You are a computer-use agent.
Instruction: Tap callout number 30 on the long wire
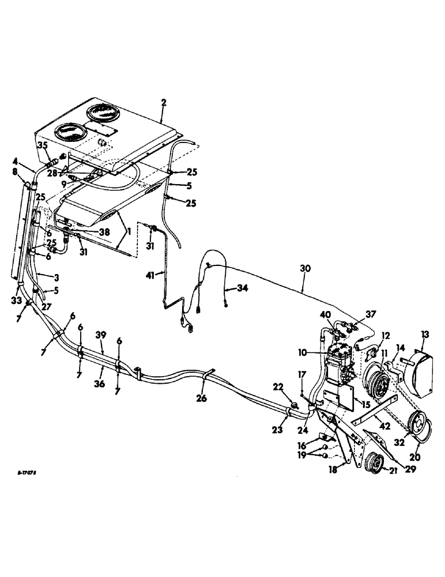(x=305, y=269)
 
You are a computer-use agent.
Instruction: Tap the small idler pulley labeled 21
(x=376, y=462)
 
